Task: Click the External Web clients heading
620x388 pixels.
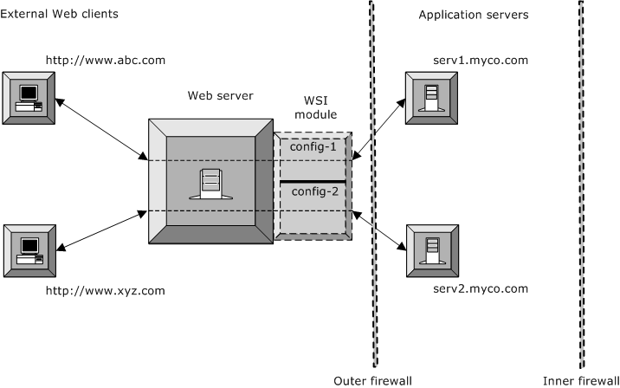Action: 60,15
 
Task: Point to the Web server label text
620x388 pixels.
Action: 221,95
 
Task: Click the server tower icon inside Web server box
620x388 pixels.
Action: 210,183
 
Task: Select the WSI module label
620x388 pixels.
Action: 315,107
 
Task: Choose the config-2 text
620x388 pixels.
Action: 313,191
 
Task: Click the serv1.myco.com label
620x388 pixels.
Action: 479,61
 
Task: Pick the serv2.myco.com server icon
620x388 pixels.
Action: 430,249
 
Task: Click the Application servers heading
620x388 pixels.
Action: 473,15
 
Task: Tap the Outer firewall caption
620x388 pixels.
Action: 372,380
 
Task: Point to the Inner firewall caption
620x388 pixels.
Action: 580,380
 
